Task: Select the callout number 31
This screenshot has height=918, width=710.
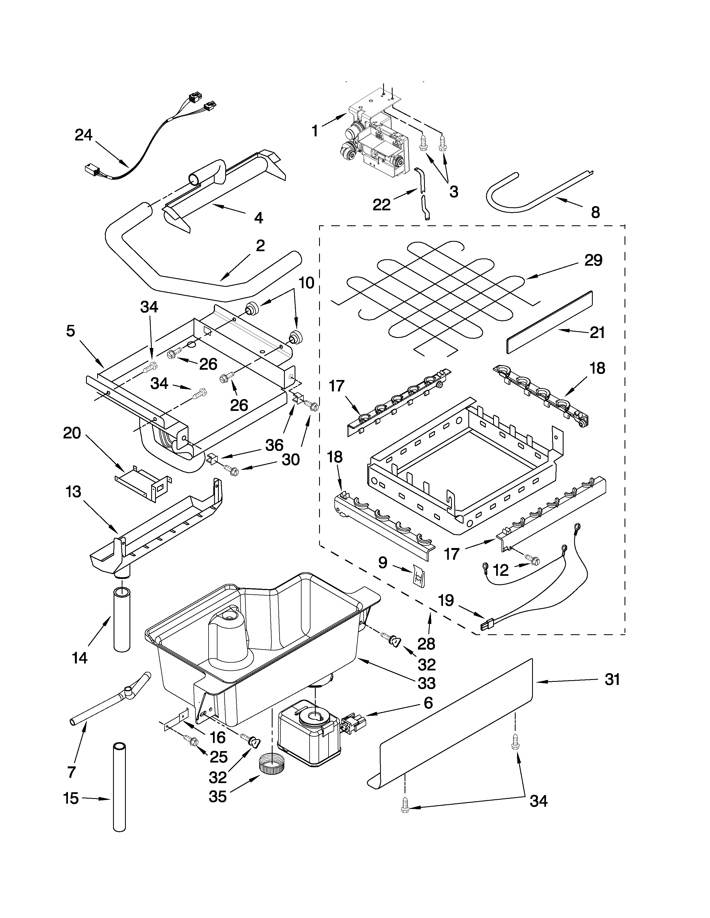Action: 612,680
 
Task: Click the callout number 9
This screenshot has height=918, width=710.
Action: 382,562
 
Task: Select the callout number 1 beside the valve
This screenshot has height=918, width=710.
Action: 315,131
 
